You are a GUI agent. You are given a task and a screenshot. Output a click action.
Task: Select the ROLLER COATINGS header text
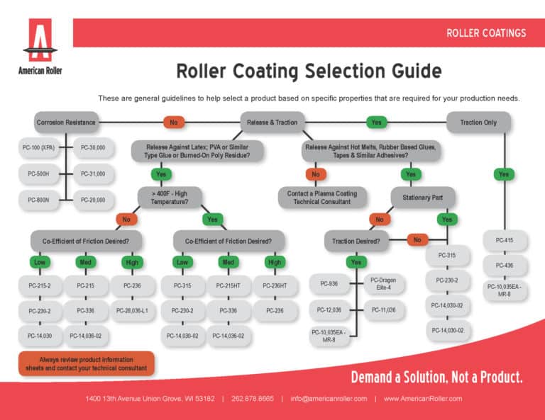pos(485,33)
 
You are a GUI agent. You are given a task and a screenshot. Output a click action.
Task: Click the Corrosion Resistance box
pos(65,123)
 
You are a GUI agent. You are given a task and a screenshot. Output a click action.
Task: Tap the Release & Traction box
pos(272,123)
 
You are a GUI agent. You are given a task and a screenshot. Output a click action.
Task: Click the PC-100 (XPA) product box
pos(39,148)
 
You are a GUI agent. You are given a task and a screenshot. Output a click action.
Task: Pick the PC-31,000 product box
pos(93,174)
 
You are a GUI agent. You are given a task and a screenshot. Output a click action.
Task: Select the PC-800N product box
pos(39,200)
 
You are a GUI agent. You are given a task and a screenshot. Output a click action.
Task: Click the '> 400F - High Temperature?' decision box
pos(170,196)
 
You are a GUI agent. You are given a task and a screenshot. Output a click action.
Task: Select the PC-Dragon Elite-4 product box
pos(382,283)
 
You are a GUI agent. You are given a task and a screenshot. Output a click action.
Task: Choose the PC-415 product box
pos(505,241)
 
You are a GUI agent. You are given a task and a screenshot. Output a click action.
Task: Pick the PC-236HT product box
pos(275,285)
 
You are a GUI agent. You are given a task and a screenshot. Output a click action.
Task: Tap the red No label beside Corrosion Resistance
pos(173,123)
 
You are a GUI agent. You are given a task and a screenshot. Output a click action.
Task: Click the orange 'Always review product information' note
pos(86,364)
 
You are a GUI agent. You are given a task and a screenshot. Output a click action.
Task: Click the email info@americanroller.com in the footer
pos(329,399)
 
